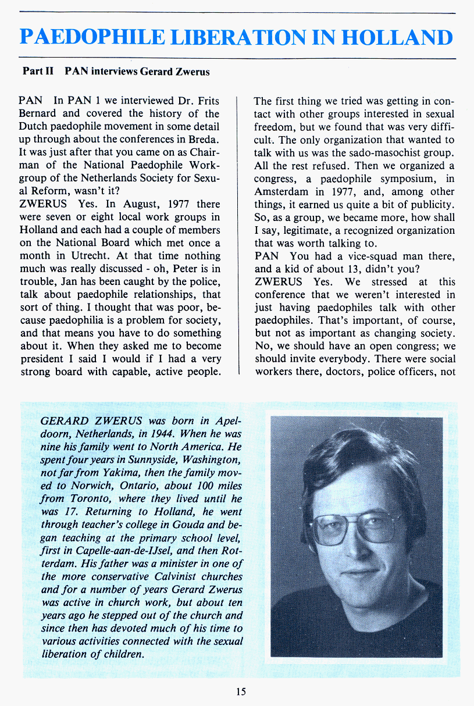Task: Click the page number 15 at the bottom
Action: click(241, 691)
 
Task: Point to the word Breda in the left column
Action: click(203, 140)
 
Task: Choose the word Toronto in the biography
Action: click(90, 499)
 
